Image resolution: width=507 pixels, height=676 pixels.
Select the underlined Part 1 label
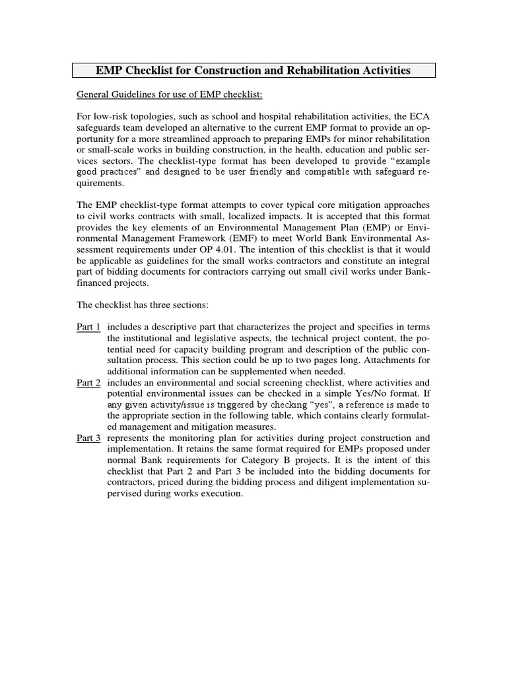click(x=89, y=328)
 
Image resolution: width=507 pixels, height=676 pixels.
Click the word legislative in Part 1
click(x=209, y=340)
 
